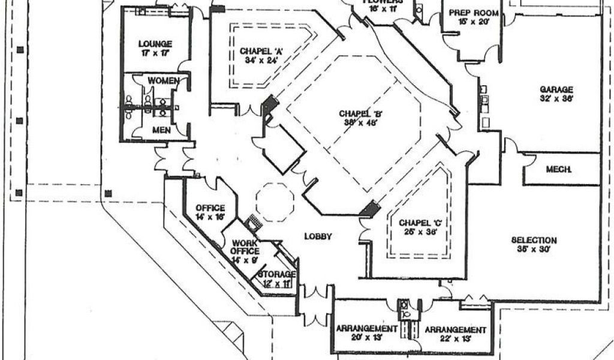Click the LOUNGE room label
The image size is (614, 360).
(155, 44)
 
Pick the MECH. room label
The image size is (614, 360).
(558, 170)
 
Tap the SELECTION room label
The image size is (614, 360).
(534, 240)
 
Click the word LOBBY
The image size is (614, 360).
(317, 236)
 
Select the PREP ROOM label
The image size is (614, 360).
(469, 12)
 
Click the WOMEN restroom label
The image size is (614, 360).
(162, 80)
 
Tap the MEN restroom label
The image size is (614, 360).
(161, 130)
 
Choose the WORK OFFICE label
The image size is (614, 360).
(245, 247)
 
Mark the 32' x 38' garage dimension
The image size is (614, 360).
(555, 99)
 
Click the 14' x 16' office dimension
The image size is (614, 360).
(210, 217)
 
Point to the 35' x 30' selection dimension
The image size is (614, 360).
(534, 249)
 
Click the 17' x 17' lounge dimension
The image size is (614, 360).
(155, 53)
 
